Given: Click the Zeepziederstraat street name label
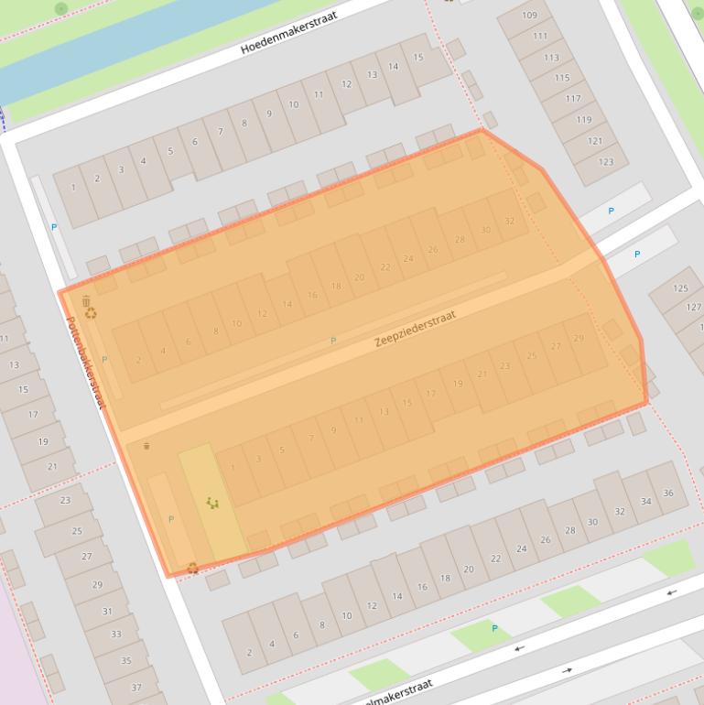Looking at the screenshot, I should pos(414,329).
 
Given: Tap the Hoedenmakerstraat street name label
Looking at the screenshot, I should pos(288,33).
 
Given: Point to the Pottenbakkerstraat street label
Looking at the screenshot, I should pos(86,363).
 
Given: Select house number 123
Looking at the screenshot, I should pos(605,162).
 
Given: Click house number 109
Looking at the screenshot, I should pos(530,16).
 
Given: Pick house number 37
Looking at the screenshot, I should pos(135,688).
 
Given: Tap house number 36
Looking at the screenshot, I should pos(668,493).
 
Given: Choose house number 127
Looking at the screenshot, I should pos(694,307).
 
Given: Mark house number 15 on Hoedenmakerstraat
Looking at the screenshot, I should pos(418,57).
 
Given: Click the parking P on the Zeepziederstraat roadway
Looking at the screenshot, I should pos(333,341).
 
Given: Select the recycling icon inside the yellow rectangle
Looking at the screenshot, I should pos(212,503).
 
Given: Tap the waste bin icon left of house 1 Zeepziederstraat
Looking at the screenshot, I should pos(146,446).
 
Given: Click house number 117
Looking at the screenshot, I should pos(573,99).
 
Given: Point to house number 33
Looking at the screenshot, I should pos(115,634).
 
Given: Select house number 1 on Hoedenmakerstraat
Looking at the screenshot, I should pos(73,189).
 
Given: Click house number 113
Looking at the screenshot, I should pos(551,57).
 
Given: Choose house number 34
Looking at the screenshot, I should pos(645,501).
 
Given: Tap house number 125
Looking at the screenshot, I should pos(680,288).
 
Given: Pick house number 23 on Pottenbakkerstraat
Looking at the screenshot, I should pos(65,500).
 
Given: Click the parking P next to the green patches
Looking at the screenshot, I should pos(494,628).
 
